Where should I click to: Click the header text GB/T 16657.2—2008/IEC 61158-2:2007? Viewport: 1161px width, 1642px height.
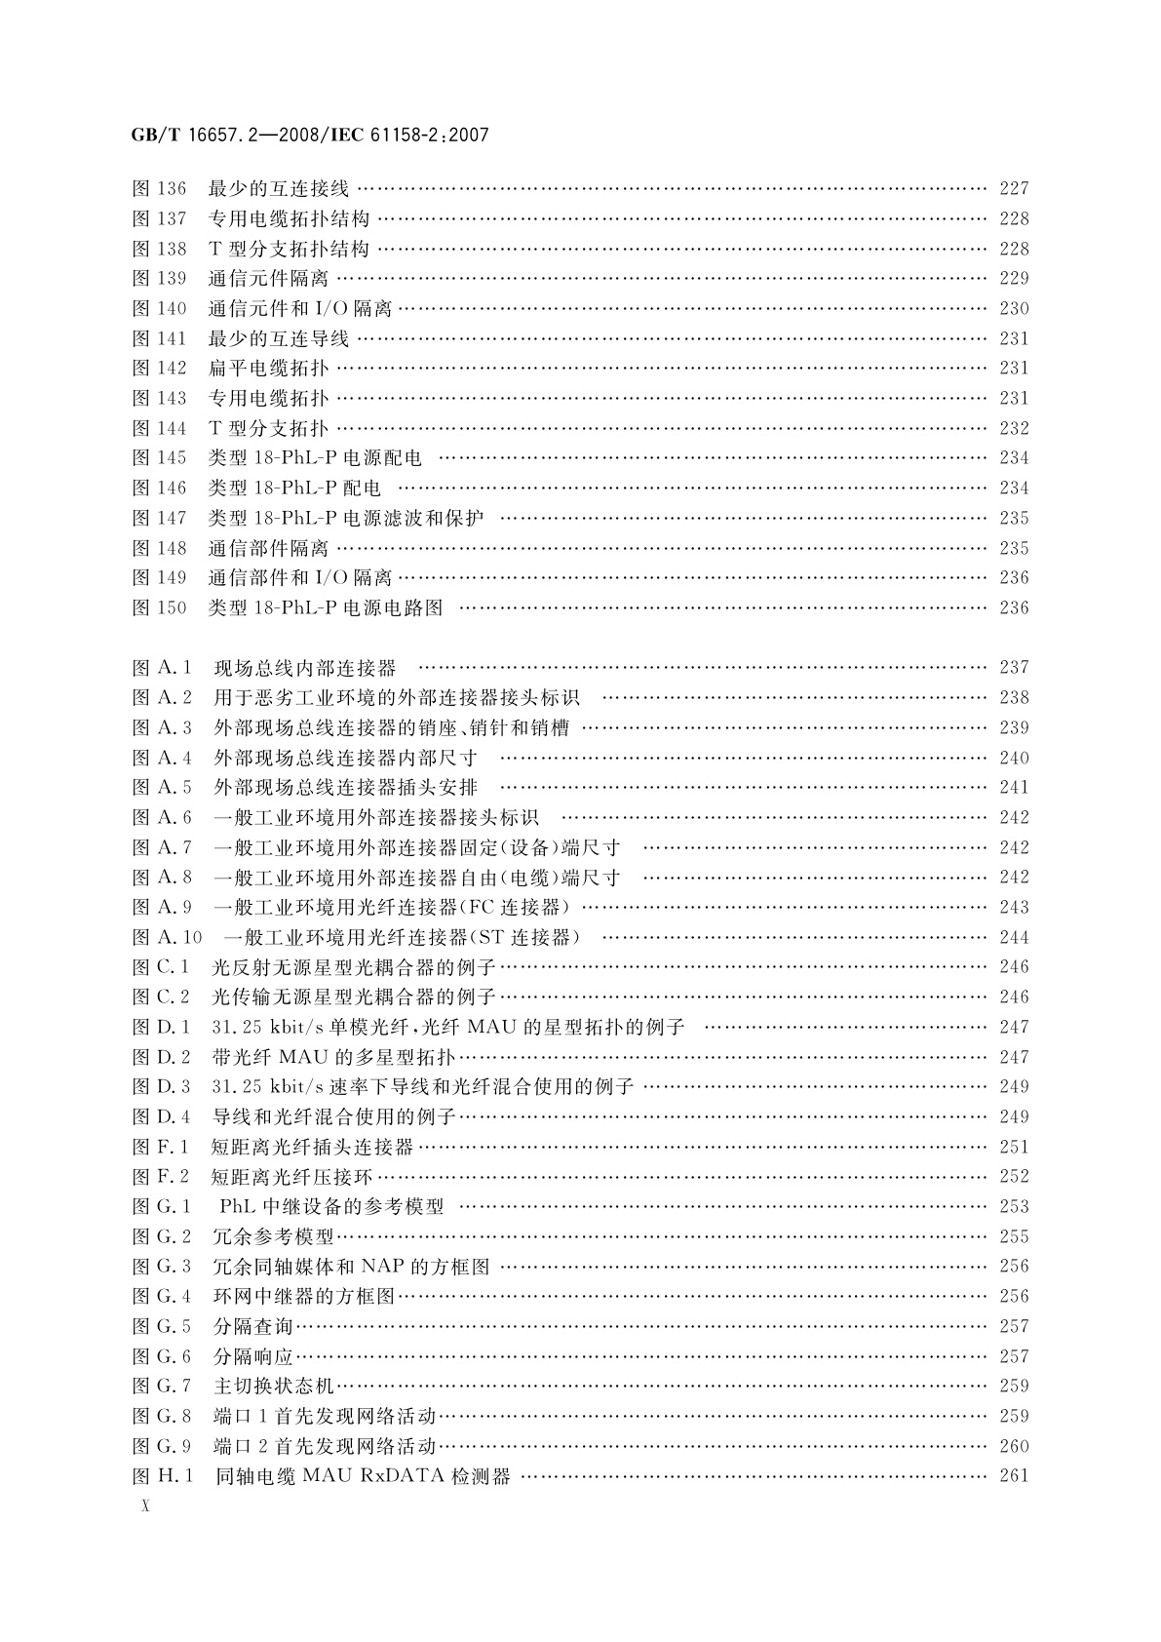click(309, 136)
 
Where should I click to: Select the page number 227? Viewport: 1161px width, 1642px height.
click(1014, 189)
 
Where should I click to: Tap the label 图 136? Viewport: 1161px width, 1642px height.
click(159, 189)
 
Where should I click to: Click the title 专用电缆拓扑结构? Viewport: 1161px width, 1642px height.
click(290, 219)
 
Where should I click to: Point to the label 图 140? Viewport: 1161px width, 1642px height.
click(159, 309)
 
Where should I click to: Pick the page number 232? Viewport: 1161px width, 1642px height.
click(1014, 428)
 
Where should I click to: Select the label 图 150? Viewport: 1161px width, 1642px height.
click(159, 607)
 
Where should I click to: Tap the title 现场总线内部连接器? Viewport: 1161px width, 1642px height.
click(305, 668)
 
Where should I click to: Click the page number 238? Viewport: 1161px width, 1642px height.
click(1014, 698)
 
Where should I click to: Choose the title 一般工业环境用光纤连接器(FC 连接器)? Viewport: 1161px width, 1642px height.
click(392, 908)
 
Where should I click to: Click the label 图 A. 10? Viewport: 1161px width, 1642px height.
click(167, 938)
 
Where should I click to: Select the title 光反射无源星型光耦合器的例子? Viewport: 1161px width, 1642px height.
click(354, 967)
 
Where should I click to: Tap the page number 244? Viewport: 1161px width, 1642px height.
click(1014, 938)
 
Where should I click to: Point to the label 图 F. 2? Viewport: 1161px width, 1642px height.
click(161, 1177)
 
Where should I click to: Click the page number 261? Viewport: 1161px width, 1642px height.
click(1014, 1476)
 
